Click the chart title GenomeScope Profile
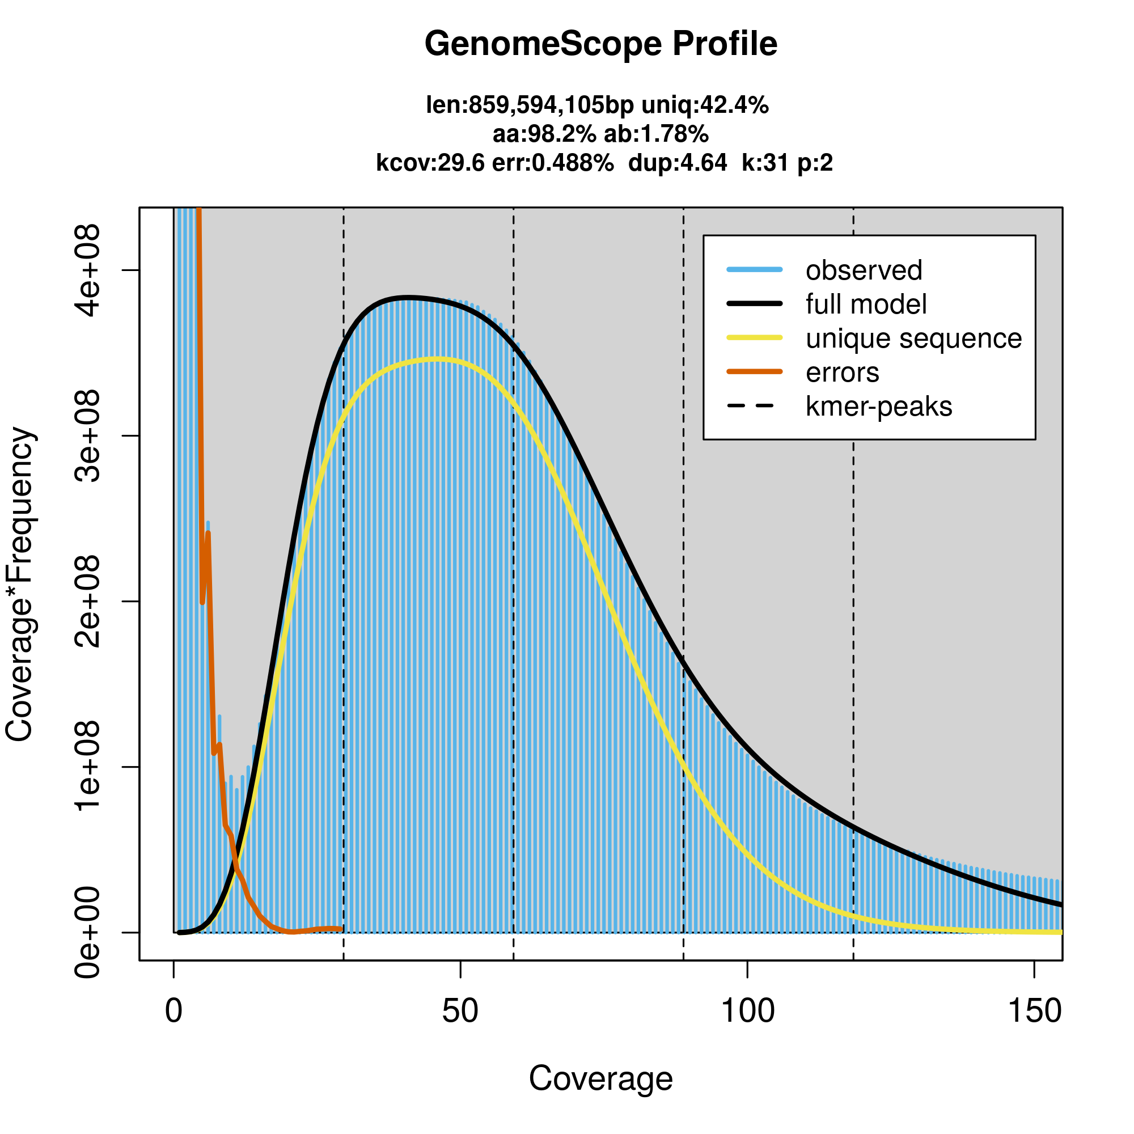[600, 44]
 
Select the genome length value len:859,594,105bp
[530, 105]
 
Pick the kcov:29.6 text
[430, 163]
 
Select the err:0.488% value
[552, 163]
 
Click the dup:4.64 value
[678, 163]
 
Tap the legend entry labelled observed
[864, 270]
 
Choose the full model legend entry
[866, 304]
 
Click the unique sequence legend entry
[913, 338]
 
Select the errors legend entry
[843, 373]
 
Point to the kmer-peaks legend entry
[879, 407]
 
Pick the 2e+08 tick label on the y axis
[88, 601]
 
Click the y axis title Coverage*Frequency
[20, 584]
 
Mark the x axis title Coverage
[600, 1078]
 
